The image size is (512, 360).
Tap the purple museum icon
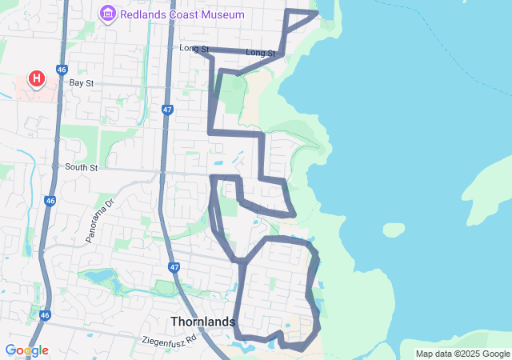(107, 14)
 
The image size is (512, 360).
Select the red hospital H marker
(36, 78)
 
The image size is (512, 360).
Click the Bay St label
(82, 82)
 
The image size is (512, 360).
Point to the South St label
(81, 167)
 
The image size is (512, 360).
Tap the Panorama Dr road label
(101, 220)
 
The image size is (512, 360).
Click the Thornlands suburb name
(203, 322)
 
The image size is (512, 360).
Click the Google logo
(26, 350)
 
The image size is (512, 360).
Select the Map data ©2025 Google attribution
(462, 354)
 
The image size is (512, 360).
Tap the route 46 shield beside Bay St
(62, 70)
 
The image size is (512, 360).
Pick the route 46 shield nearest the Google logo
(45, 315)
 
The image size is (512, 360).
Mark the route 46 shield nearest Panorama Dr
(50, 201)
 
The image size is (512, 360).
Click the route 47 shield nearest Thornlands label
(174, 267)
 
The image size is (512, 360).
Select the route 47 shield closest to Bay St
(166, 110)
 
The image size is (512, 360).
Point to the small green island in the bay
(394, 230)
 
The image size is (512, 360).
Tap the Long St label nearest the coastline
(260, 53)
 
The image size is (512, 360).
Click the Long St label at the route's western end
(194, 50)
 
